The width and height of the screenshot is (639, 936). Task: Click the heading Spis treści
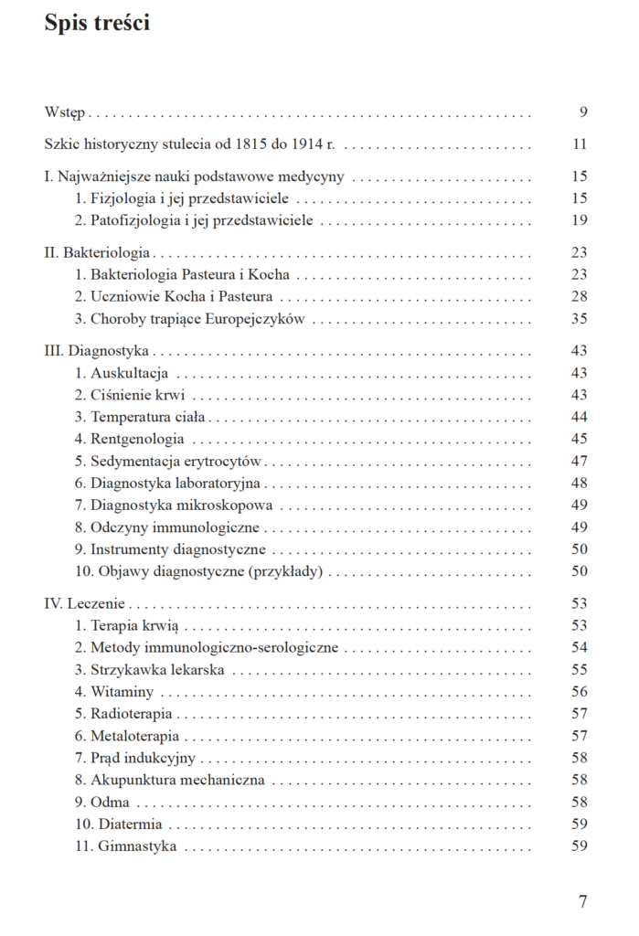coord(97,25)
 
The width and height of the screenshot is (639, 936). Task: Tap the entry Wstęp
coord(65,112)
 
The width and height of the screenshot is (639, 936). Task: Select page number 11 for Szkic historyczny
coord(579,144)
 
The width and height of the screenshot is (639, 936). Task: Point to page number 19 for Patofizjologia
coord(579,220)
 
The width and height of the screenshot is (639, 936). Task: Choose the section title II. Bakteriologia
coord(98,253)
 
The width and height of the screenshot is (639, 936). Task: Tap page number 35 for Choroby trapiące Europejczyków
coord(579,319)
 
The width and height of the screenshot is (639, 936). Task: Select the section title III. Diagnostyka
coord(97,351)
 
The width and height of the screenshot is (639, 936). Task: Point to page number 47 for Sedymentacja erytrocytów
coord(579,461)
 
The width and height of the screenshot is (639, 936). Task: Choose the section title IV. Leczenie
coord(86,604)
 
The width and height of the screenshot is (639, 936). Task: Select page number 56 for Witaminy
coord(579,692)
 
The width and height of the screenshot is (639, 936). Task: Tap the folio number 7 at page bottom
coord(582,901)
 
